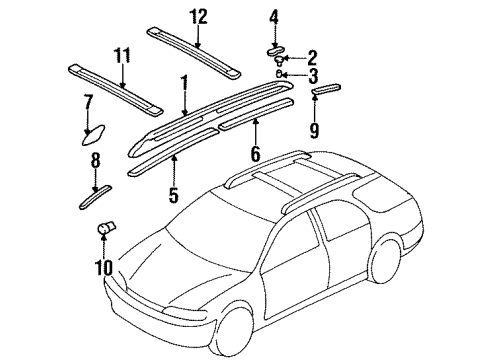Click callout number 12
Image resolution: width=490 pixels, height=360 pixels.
tap(196, 16)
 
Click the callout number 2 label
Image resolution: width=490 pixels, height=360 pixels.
tap(312, 57)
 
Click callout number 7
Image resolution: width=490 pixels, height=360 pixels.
tap(87, 101)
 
